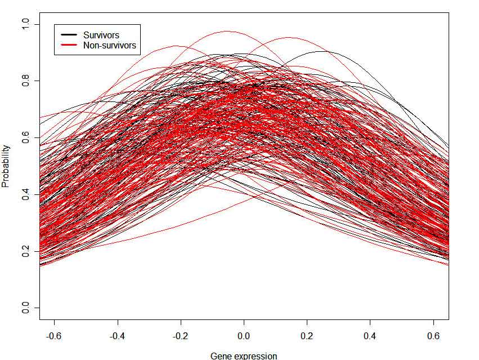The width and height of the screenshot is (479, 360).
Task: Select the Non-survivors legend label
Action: point(109,46)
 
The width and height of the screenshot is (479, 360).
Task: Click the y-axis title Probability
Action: point(6,166)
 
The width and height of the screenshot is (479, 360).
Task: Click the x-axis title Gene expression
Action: point(244,355)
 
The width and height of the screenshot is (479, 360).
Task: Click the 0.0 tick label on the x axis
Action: point(244,336)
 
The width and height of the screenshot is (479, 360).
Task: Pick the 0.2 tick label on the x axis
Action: point(307,336)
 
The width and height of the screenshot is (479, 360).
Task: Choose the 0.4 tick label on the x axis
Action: point(370,336)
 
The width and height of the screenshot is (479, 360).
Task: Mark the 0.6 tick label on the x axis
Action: point(433,336)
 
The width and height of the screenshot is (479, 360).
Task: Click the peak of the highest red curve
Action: point(227,31)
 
